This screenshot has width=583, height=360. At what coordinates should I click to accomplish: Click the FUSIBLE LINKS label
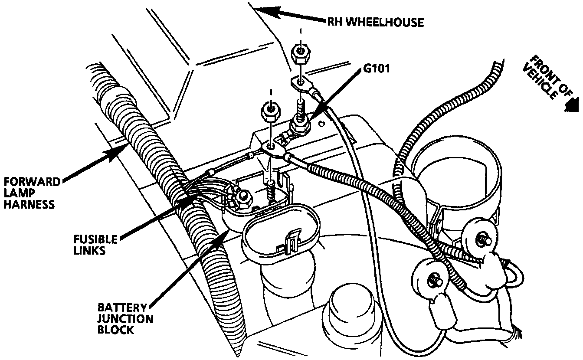pyautogui.click(x=96, y=245)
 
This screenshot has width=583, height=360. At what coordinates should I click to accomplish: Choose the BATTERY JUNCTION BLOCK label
pyautogui.click(x=125, y=319)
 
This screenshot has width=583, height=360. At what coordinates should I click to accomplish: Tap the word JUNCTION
pyautogui.click(x=125, y=319)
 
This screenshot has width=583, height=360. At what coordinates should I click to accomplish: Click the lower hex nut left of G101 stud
pyautogui.click(x=270, y=114)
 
